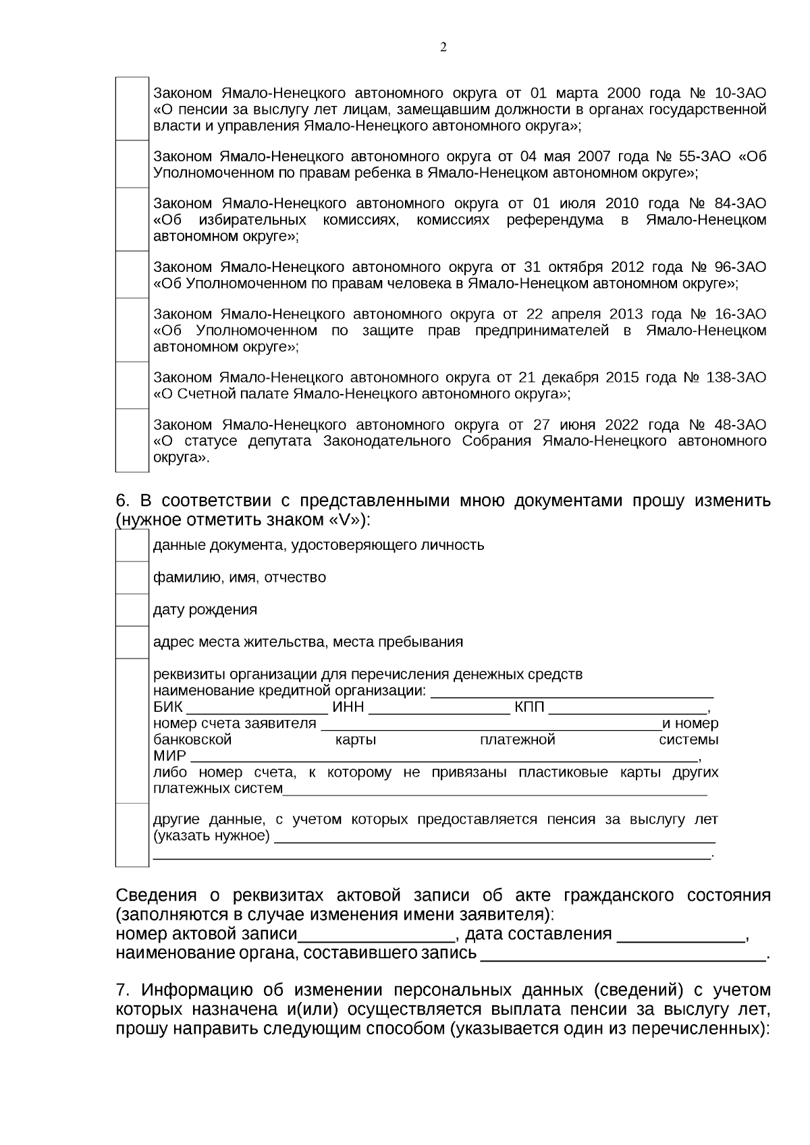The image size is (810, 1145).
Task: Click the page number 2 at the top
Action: tap(443, 47)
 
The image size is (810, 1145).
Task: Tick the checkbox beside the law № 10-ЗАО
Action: tap(132, 109)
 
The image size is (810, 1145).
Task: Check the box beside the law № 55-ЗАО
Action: tap(132, 165)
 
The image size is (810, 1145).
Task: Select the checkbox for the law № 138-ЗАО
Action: tap(132, 385)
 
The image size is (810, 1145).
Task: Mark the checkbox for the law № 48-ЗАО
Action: tap(132, 441)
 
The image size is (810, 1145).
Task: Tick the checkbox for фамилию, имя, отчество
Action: tap(132, 578)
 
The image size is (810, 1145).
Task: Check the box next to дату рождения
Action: tap(132, 610)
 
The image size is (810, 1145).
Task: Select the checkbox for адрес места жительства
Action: tap(132, 642)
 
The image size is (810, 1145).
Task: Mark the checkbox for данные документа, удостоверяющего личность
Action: tap(132, 545)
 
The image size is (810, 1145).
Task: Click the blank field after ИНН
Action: tap(439, 708)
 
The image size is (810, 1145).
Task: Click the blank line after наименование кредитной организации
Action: tap(572, 692)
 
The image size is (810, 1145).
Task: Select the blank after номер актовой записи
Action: tap(376, 936)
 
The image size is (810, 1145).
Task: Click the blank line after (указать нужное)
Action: tap(495, 838)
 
